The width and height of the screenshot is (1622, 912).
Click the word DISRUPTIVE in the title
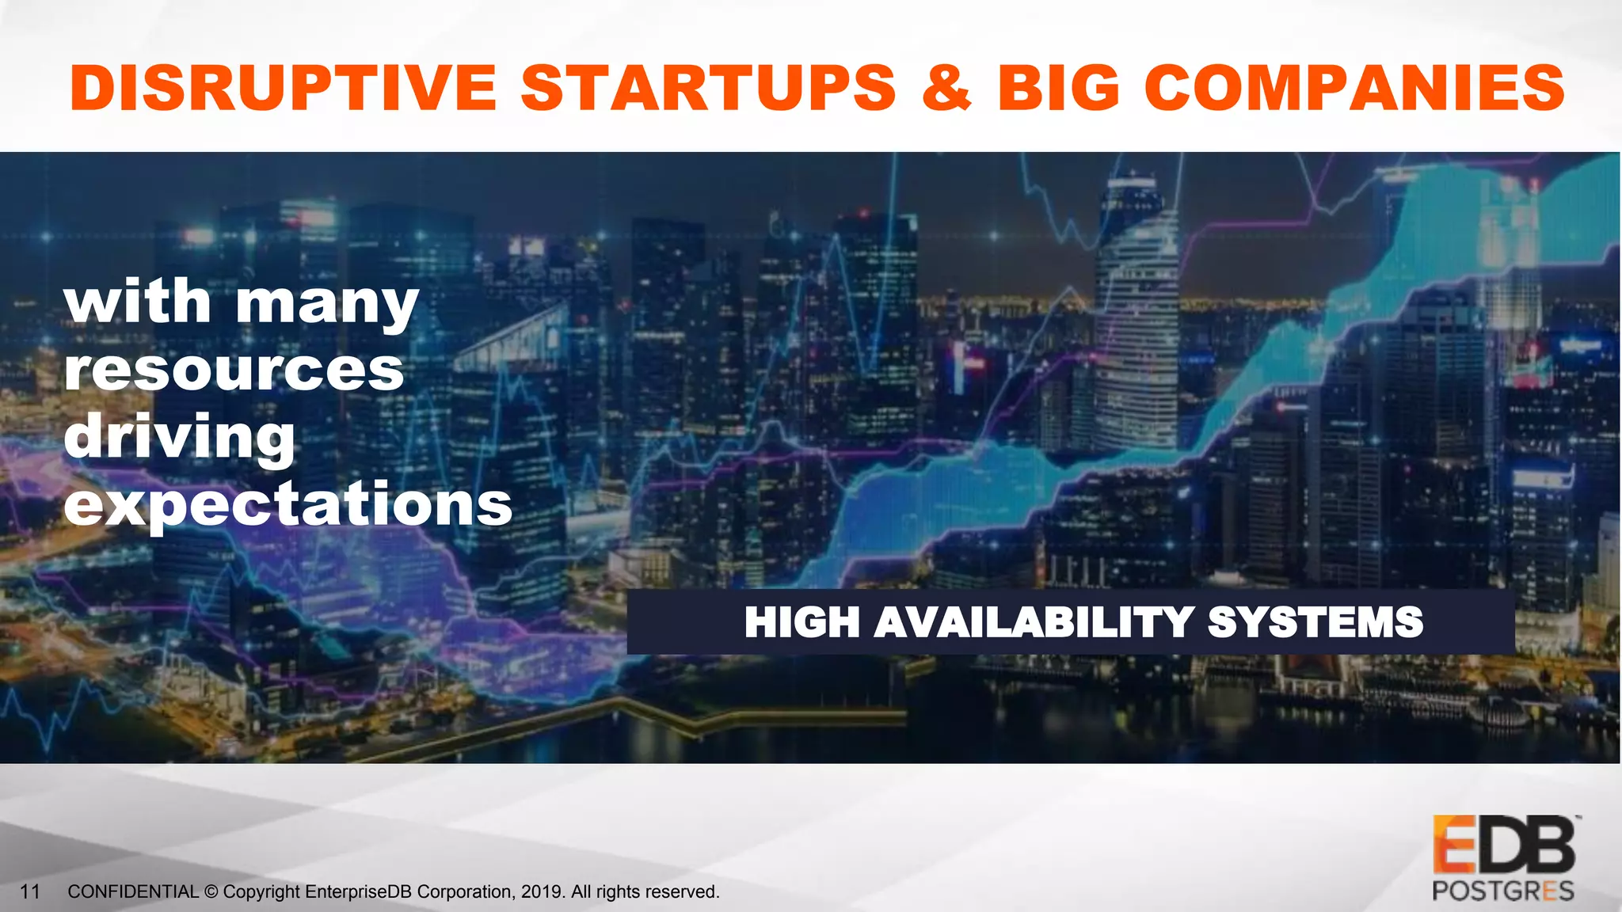point(283,87)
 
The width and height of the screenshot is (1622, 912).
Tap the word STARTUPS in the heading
point(709,87)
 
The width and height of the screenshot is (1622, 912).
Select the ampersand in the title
point(946,87)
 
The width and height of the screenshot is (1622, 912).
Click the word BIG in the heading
point(1058,87)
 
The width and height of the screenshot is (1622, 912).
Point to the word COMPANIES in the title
point(1354,87)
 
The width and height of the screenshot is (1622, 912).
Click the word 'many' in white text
point(326,305)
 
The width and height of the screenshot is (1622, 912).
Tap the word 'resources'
point(234,370)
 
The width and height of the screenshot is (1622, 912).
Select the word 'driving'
point(179,438)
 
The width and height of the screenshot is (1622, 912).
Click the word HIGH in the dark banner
point(801,622)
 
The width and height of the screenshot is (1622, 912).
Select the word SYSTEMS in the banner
point(1315,622)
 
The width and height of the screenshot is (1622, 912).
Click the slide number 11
point(30,892)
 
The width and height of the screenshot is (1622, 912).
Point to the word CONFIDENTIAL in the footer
point(133,892)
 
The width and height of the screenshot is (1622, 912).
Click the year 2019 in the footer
point(542,892)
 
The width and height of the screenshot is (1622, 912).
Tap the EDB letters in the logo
point(1503,845)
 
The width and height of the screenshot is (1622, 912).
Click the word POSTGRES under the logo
point(1502,891)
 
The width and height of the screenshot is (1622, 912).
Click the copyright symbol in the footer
point(211,892)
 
